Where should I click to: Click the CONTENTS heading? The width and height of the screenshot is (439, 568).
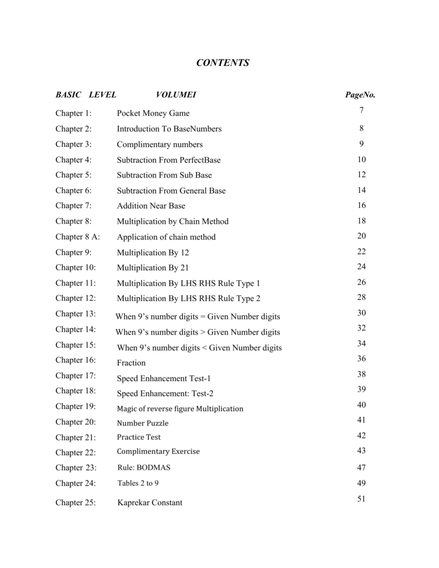223,63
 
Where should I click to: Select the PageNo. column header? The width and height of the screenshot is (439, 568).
360,95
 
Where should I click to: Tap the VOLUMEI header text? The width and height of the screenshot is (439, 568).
176,95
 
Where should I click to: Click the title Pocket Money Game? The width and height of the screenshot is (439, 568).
153,113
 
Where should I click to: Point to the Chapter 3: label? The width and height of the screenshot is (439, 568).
73,144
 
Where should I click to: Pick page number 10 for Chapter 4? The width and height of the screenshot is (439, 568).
362,159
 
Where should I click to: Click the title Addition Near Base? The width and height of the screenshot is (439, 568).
151,206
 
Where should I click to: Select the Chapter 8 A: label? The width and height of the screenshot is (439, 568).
77,237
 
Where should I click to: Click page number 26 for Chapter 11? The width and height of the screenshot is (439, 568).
362,282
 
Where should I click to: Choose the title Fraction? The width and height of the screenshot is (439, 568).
131,363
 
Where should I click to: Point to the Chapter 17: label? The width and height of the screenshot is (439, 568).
75,376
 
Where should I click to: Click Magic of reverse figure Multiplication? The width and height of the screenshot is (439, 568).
180,409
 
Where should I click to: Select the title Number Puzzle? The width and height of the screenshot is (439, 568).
142,423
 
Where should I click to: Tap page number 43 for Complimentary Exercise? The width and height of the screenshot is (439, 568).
362,450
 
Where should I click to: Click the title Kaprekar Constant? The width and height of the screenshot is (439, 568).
149,503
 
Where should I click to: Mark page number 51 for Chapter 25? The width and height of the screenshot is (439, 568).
361,499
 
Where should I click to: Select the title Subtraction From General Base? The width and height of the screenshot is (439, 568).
171,191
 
